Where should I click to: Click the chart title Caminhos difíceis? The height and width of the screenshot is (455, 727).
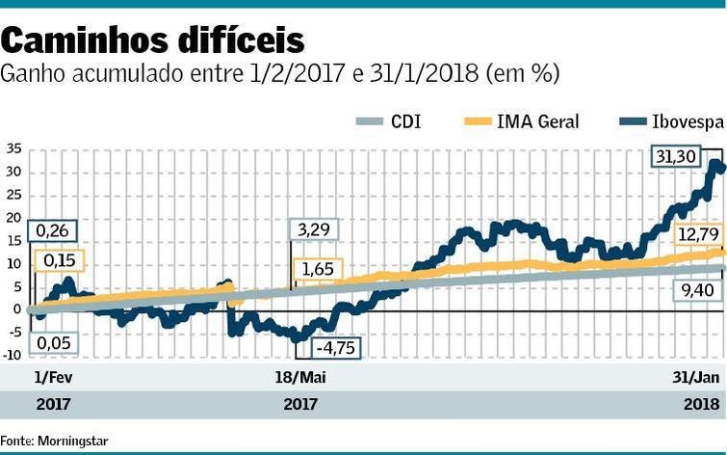(x=153, y=40)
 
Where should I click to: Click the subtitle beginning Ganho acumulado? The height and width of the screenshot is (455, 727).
(x=280, y=74)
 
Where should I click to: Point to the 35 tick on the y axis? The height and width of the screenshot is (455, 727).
(x=13, y=149)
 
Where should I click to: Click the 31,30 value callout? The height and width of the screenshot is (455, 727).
(x=675, y=156)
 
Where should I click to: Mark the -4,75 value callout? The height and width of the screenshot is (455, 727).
(x=334, y=348)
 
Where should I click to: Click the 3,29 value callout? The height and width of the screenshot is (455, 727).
(x=314, y=230)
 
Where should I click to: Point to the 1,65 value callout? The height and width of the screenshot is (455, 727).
(x=315, y=269)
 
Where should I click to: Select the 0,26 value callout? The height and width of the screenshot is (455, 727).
(x=52, y=230)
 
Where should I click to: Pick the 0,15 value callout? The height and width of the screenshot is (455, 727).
(x=59, y=260)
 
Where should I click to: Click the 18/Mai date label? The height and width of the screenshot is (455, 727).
(x=301, y=376)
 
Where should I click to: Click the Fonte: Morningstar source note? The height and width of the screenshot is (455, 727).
(x=54, y=441)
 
